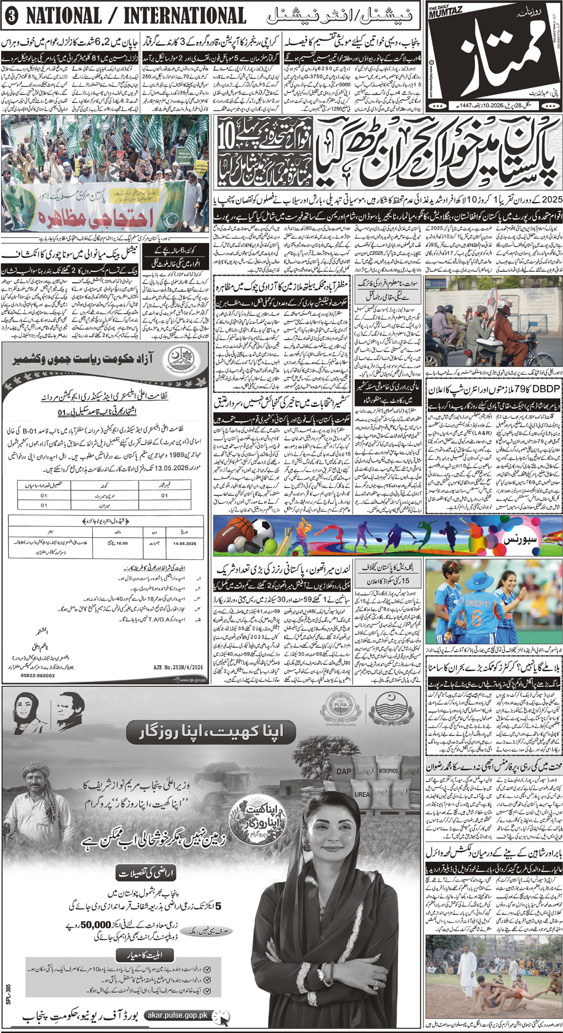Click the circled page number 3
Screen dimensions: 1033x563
pyautogui.click(x=10, y=16)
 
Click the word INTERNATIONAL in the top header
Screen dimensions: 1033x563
pyautogui.click(x=184, y=16)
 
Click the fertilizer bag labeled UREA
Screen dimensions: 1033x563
pyautogui.click(x=361, y=794)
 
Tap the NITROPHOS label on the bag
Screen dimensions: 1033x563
pyautogui.click(x=388, y=770)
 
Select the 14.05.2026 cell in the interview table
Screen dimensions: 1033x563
pyautogui.click(x=184, y=543)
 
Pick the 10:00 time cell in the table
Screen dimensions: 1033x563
pyautogui.click(x=122, y=543)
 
